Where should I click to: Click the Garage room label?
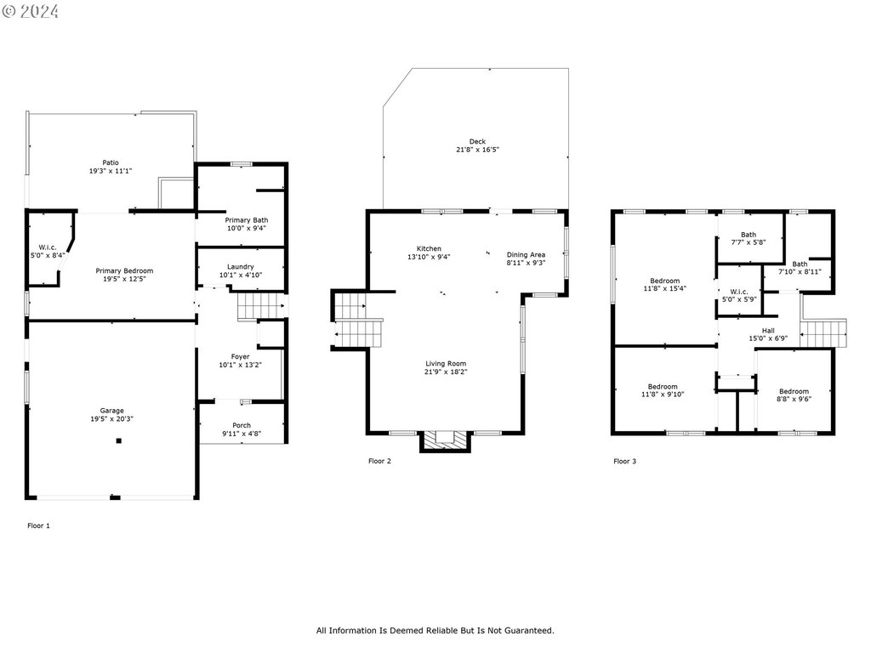coord(112,410)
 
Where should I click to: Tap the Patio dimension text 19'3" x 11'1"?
coord(111,171)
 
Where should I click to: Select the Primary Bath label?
coord(246,220)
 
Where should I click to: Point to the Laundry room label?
coord(241,266)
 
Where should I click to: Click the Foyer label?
coord(241,356)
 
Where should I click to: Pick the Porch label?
coord(242,425)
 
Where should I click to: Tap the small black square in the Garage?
coord(119,440)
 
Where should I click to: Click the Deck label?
coord(477,141)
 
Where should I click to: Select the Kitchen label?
coord(429,248)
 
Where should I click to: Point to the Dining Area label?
coord(526,254)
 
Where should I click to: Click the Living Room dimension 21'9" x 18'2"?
coord(447,372)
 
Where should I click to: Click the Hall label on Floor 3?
coord(768,330)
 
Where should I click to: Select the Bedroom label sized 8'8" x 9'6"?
coord(793,391)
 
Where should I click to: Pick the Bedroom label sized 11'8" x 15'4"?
coord(665,281)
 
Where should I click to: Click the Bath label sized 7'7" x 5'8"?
coord(749,235)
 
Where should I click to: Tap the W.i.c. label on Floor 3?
coord(738,291)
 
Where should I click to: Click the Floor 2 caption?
coord(379,461)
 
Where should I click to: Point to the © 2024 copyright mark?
coord(30,11)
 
